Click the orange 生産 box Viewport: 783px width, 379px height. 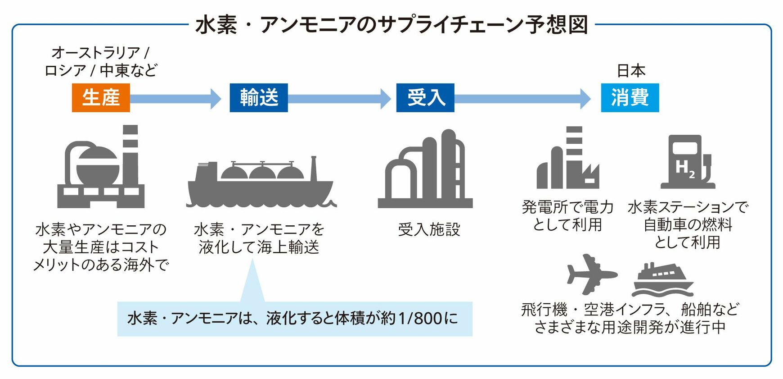pos(101,98)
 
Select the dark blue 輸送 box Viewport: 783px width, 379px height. pos(259,98)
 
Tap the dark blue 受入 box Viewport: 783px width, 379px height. pos(425,98)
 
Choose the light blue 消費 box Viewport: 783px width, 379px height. pos(630,98)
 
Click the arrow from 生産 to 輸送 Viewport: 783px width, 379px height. pos(175,99)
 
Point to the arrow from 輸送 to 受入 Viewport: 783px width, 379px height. pos(340,99)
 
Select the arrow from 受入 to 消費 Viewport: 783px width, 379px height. pos(522,99)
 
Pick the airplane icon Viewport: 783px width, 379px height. pos(591,274)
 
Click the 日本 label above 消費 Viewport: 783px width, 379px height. pos(631,71)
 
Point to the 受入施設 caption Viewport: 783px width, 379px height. pos(429,229)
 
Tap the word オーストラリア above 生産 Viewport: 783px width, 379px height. pos(96,53)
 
